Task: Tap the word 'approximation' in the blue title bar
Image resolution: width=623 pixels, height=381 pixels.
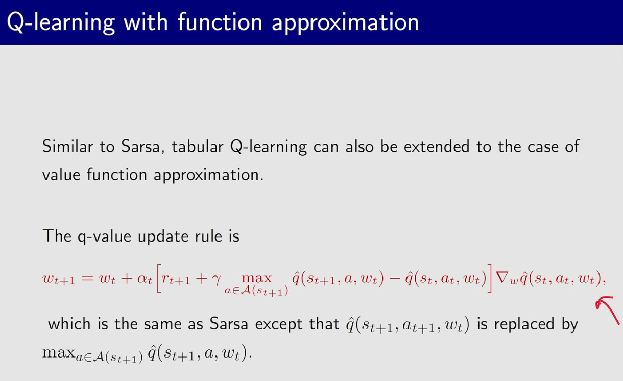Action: click(x=345, y=23)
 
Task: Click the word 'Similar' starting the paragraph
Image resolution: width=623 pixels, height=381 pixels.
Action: click(x=67, y=146)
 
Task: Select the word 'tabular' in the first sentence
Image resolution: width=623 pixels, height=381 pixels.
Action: click(x=198, y=146)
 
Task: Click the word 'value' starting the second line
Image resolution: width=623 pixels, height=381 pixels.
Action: click(x=61, y=175)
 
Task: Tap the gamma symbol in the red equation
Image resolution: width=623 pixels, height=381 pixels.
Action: click(x=216, y=279)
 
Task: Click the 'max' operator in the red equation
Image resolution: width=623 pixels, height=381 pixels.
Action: click(x=256, y=279)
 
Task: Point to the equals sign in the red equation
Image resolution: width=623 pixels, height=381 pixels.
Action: click(x=87, y=278)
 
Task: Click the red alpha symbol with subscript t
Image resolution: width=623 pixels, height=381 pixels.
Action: click(x=145, y=279)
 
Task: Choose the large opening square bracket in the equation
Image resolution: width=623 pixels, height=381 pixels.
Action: click(x=159, y=278)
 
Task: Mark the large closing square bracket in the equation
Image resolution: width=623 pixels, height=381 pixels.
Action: click(x=490, y=278)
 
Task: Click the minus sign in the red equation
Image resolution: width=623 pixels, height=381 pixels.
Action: click(x=395, y=278)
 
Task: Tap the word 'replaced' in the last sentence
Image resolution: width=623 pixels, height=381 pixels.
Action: click(x=524, y=325)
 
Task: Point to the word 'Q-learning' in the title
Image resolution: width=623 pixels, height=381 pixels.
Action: click(x=61, y=23)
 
